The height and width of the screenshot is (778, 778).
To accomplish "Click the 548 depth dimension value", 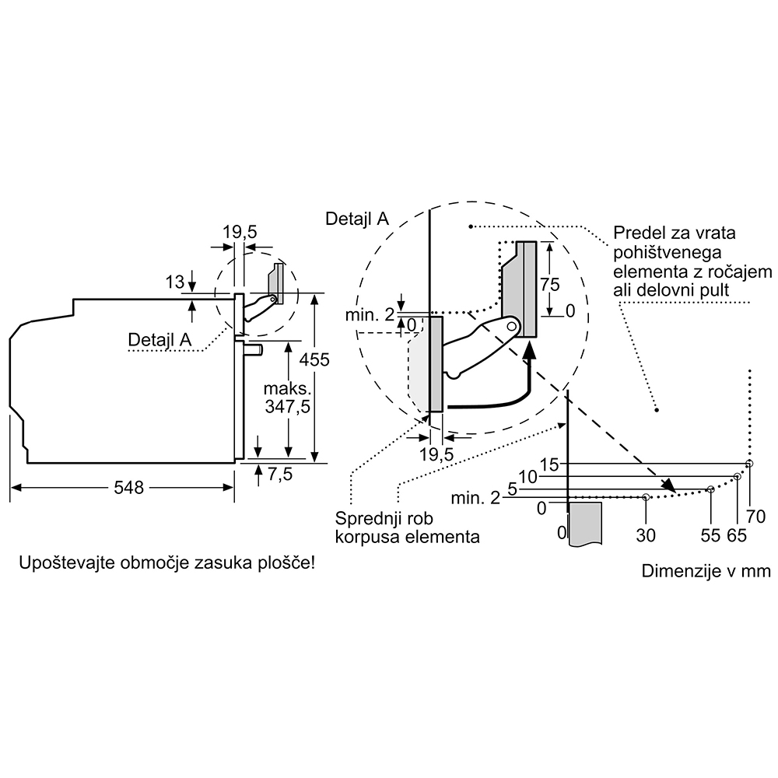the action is pyautogui.click(x=128, y=488).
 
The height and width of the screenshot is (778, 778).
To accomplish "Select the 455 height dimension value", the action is pyautogui.click(x=314, y=359).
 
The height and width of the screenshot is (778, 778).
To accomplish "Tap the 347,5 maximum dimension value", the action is pyautogui.click(x=287, y=406).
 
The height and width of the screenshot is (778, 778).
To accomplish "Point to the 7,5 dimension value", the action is pyautogui.click(x=280, y=475).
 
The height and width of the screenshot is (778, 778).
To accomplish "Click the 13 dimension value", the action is pyautogui.click(x=174, y=282).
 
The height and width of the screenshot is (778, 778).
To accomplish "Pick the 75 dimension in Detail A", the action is pyautogui.click(x=550, y=284).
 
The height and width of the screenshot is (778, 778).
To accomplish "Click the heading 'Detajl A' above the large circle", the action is pyautogui.click(x=357, y=219).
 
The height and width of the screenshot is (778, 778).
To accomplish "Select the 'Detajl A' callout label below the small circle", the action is pyautogui.click(x=159, y=339).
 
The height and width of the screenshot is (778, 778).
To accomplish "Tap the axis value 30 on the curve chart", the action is pyautogui.click(x=646, y=535).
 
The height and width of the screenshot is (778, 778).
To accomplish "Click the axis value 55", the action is pyautogui.click(x=710, y=535).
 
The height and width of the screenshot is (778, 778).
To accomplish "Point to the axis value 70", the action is pyautogui.click(x=755, y=517).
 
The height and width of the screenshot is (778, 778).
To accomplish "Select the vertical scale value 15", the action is pyautogui.click(x=549, y=464).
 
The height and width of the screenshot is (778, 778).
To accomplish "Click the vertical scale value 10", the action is pyautogui.click(x=528, y=477).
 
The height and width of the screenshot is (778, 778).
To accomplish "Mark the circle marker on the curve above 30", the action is pyautogui.click(x=646, y=496).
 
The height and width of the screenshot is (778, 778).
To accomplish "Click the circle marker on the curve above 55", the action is pyautogui.click(x=710, y=489).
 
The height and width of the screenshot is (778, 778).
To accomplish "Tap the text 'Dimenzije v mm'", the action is pyautogui.click(x=706, y=570).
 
